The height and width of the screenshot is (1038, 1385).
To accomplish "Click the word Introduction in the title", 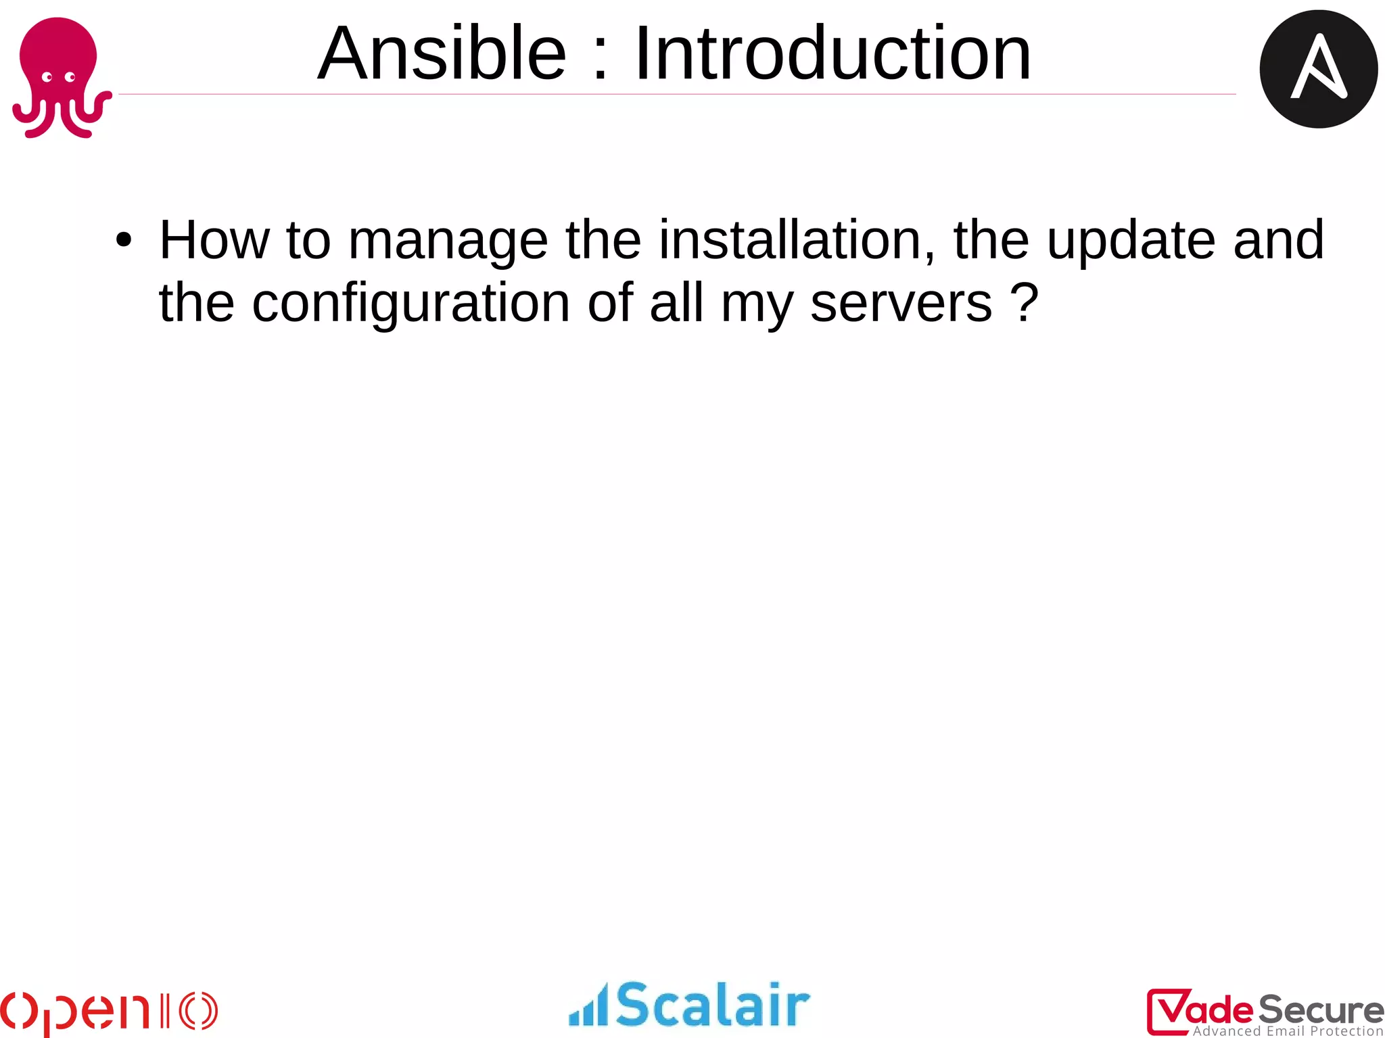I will pyautogui.click(x=832, y=53).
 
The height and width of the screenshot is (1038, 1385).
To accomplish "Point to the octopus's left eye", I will pyautogui.click(x=47, y=77).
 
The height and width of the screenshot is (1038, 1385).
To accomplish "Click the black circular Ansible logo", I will pyautogui.click(x=1318, y=69).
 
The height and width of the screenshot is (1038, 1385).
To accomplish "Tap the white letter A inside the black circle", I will pyautogui.click(x=1318, y=68).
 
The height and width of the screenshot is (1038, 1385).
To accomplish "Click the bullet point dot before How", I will pyautogui.click(x=123, y=240).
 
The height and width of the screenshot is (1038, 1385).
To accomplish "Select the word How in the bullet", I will pyautogui.click(x=214, y=240).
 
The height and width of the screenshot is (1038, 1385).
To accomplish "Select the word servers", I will pyautogui.click(x=901, y=304).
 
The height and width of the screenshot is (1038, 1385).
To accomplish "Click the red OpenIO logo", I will pyautogui.click(x=108, y=1012).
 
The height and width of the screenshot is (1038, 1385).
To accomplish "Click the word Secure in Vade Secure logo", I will pyautogui.click(x=1319, y=1010).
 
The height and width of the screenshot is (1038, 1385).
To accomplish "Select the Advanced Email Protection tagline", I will pyautogui.click(x=1288, y=1031).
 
